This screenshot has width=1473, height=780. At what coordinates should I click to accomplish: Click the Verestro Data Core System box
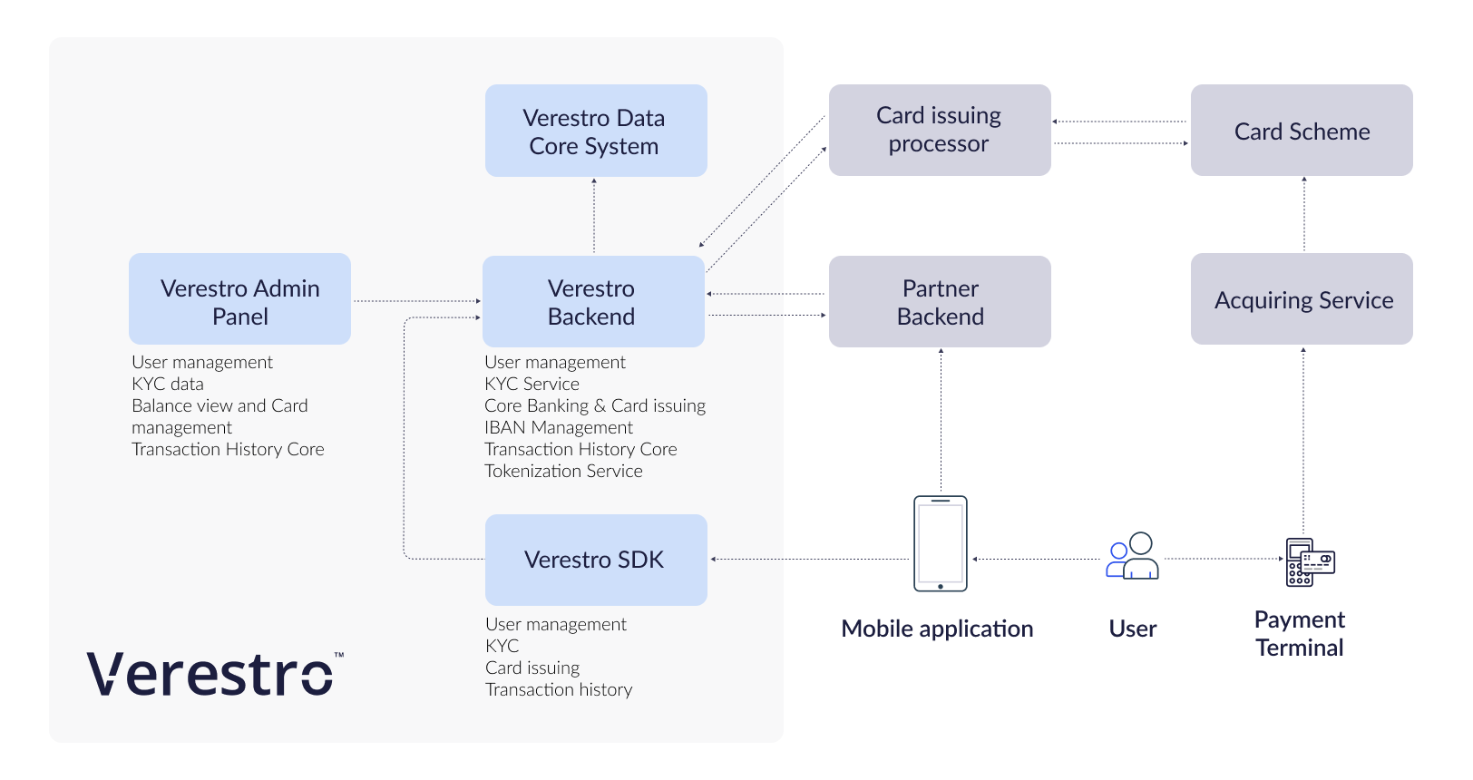[x=596, y=131]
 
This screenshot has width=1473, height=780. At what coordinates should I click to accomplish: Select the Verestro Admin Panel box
[x=239, y=299]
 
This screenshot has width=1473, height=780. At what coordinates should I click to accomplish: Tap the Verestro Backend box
[x=593, y=301]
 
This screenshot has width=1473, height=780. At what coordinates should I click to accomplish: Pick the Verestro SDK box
[x=596, y=560]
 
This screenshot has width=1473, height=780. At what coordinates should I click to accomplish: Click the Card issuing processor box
[x=940, y=130]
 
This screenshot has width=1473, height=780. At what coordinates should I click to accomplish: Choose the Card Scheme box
[x=1302, y=131]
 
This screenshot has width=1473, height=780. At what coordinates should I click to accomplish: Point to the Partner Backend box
[x=940, y=301]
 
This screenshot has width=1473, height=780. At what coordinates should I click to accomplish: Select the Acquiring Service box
[x=1302, y=299]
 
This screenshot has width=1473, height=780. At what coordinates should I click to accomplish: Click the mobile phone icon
[x=940, y=543]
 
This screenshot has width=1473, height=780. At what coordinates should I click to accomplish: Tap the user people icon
[x=1132, y=556]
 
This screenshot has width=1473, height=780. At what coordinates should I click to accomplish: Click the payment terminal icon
[x=1310, y=562]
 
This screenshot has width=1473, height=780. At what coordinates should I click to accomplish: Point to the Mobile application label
[x=937, y=629]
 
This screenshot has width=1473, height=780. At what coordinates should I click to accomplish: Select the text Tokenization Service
[x=563, y=471]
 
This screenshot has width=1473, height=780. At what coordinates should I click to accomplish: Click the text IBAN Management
[x=559, y=427]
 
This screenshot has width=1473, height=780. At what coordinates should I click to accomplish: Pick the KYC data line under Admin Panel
[x=168, y=384]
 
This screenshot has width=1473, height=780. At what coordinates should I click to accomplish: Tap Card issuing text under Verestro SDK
[x=532, y=668]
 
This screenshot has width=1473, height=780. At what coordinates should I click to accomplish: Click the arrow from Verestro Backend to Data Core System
[x=594, y=216]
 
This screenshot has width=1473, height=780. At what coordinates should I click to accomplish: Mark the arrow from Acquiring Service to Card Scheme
[x=1304, y=214]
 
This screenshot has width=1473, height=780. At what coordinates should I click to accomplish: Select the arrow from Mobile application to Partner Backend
[x=941, y=421]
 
